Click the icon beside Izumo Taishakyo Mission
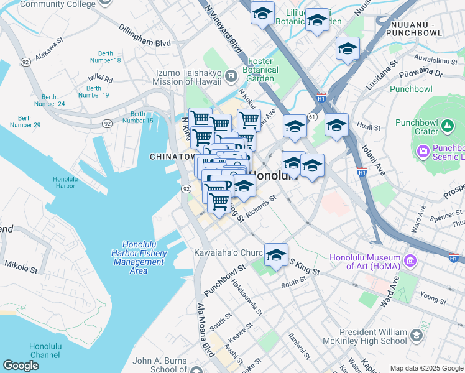[x=231, y=77]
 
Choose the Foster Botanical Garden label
[x=269, y=70]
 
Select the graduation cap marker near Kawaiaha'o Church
[x=276, y=255]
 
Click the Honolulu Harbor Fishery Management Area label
[x=139, y=257]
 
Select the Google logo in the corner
[x=21, y=366]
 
